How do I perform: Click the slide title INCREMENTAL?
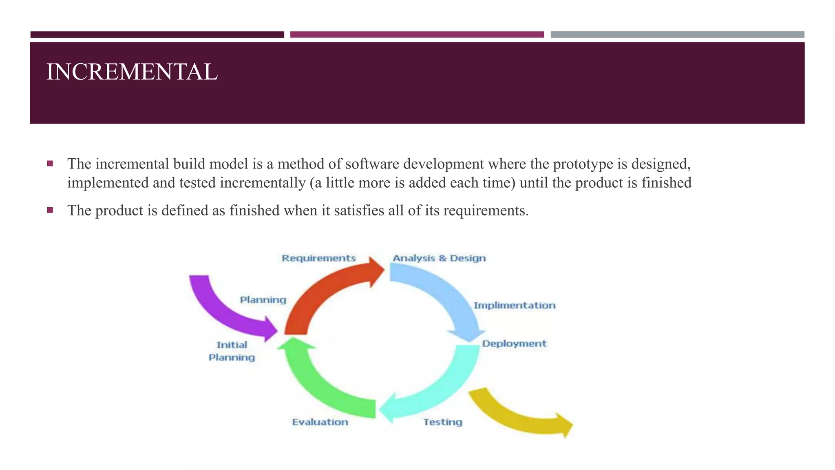click(132, 72)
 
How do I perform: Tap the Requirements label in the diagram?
click(319, 258)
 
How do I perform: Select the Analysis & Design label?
click(439, 258)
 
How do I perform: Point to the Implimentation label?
click(514, 306)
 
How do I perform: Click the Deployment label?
click(514, 344)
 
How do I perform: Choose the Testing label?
click(442, 422)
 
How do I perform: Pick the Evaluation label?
click(320, 422)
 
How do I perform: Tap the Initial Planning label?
click(232, 351)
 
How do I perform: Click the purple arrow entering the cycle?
click(222, 310)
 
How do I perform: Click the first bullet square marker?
click(50, 164)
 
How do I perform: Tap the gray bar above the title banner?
click(677, 35)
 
